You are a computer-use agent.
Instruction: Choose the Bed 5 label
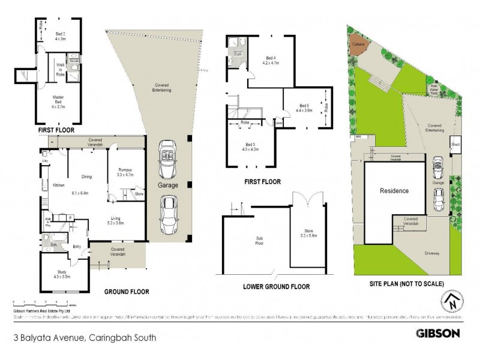pos(304,108)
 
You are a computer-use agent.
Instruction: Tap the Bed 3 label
pos(251,147)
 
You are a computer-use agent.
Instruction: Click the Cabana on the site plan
pos(358,44)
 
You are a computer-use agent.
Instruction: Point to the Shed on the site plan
pos(456,145)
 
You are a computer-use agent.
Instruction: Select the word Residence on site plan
pos(394,191)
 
